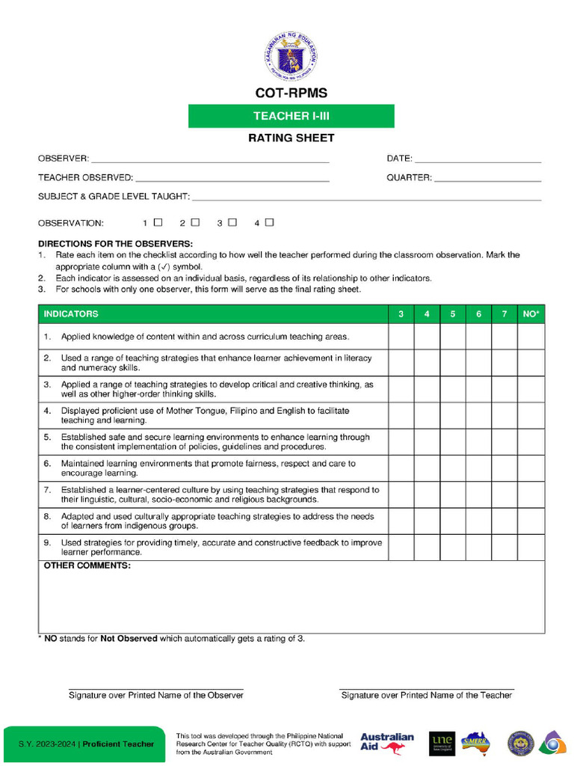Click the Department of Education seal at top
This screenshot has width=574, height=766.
coord(290,57)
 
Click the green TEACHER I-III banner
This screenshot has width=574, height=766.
coord(291,116)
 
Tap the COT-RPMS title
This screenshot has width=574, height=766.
coord(291,94)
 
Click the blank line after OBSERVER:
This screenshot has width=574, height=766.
coord(209,159)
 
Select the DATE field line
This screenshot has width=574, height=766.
coord(478,159)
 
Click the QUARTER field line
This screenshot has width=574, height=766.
coord(487,179)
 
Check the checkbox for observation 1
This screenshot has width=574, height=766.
coord(158,222)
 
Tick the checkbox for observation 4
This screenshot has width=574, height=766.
coord(269,222)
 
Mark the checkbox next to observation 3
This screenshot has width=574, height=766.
coord(232,222)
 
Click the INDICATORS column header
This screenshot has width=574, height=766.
coord(71,314)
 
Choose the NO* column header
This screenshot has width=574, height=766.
coord(531,314)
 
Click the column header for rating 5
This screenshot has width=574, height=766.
coord(453,314)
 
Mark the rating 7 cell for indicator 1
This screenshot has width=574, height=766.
coord(504,337)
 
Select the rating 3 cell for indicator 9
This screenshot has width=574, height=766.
coord(401,548)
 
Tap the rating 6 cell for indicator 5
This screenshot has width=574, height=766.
coord(478,442)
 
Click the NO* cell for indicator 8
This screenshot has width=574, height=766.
coord(531,521)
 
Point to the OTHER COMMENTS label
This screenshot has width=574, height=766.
coord(87,566)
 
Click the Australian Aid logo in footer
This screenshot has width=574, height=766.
coord(387,743)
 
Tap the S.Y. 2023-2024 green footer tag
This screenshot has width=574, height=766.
coord(86,744)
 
